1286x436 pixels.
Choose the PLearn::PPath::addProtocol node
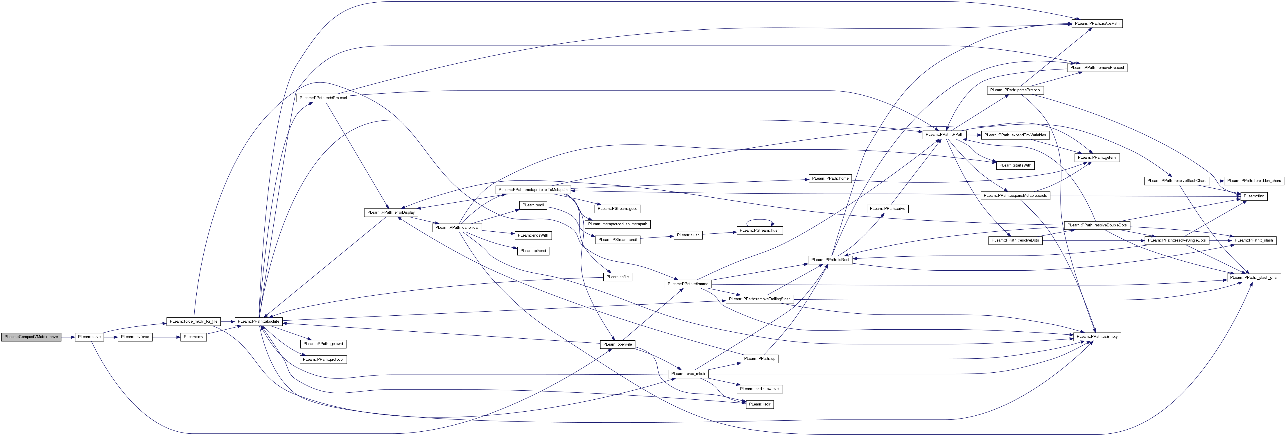(x=323, y=98)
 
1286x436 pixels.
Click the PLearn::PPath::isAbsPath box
(x=1097, y=24)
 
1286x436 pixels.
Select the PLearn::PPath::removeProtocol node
(x=1097, y=67)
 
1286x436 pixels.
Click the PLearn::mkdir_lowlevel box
(x=760, y=389)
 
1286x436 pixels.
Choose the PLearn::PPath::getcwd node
(x=324, y=344)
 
